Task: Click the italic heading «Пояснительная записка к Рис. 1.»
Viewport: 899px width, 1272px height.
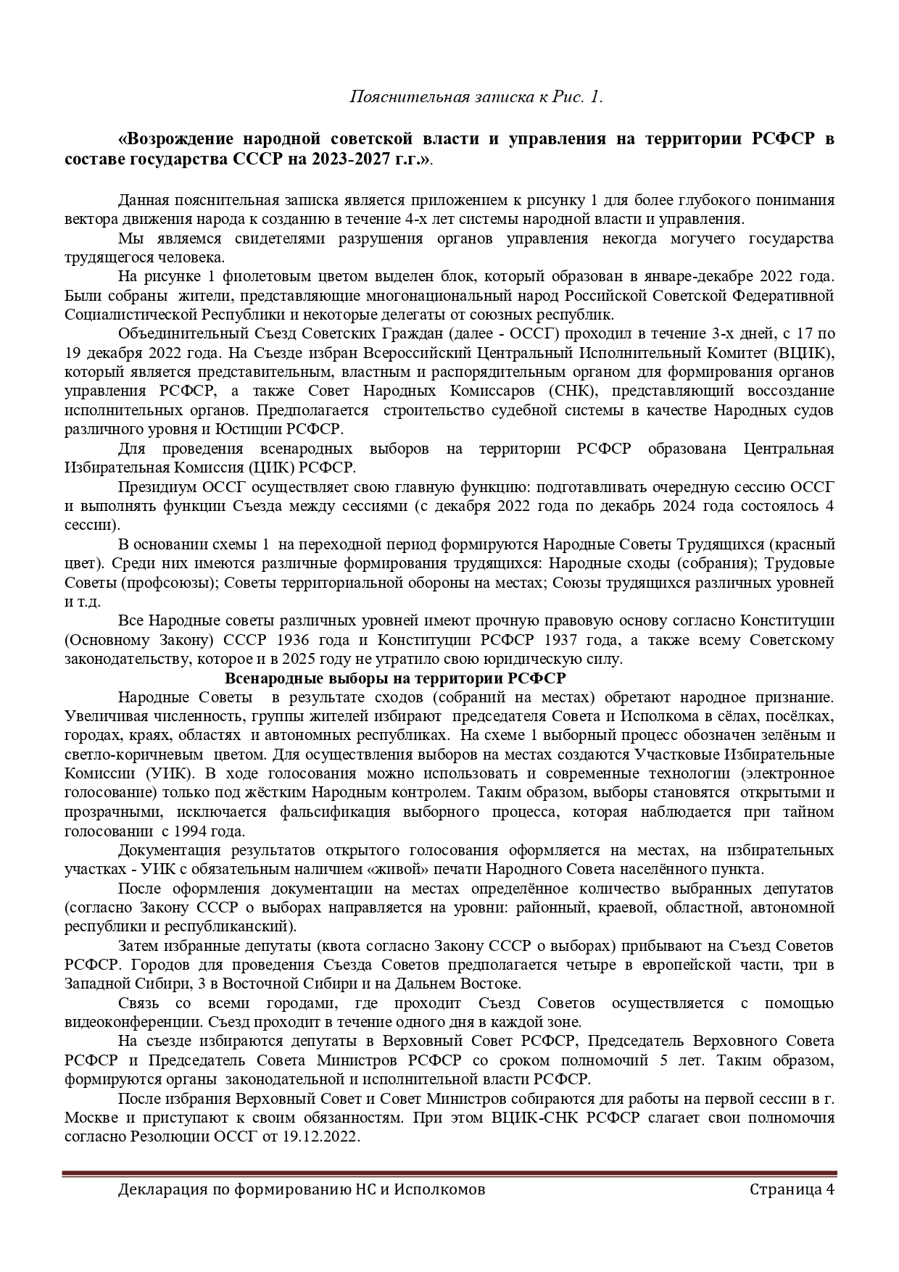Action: [x=476, y=96]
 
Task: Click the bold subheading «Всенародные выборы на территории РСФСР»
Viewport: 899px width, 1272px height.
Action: [x=396, y=678]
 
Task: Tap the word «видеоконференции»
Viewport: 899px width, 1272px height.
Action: [x=134, y=1022]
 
